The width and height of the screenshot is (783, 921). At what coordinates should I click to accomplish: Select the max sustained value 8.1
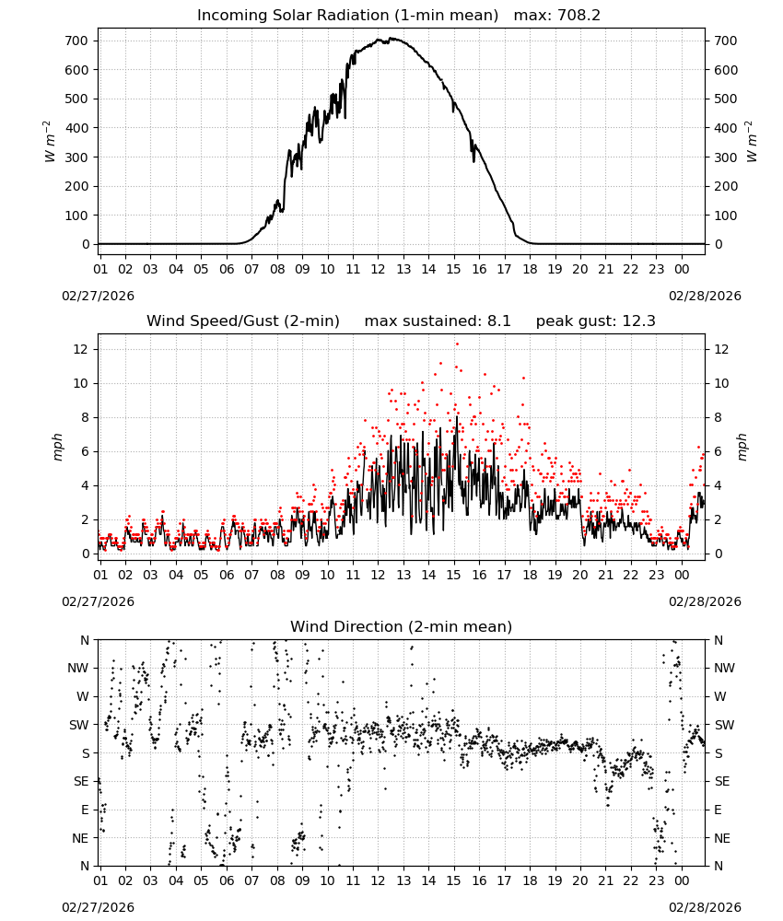pyautogui.click(x=498, y=321)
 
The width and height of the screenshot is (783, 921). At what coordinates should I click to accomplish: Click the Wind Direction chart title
pyautogui.click(x=402, y=626)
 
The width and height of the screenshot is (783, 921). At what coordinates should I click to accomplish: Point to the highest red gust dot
pyautogui.click(x=457, y=344)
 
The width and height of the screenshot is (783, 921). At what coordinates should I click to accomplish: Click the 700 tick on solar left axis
pyautogui.click(x=76, y=41)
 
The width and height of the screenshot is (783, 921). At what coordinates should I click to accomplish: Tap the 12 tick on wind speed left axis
pyautogui.click(x=81, y=349)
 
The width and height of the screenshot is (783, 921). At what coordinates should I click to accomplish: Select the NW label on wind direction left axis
pyautogui.click(x=78, y=669)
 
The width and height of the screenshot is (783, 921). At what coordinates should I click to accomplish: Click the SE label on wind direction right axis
pyautogui.click(x=722, y=781)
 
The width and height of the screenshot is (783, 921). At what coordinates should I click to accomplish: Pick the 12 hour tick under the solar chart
pyautogui.click(x=378, y=269)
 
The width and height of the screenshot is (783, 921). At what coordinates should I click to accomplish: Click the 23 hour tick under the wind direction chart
pyautogui.click(x=656, y=880)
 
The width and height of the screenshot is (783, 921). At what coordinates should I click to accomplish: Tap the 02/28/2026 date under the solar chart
pyautogui.click(x=705, y=296)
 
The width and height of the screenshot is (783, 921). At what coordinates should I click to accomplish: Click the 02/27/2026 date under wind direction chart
pyautogui.click(x=98, y=907)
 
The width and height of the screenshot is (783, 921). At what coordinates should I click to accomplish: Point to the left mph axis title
pyautogui.click(x=57, y=448)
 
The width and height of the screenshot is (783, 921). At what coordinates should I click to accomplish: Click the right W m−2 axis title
pyautogui.click(x=752, y=142)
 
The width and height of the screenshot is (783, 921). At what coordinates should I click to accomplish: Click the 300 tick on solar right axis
pyautogui.click(x=726, y=157)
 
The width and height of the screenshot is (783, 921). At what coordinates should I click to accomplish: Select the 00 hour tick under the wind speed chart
pyautogui.click(x=682, y=575)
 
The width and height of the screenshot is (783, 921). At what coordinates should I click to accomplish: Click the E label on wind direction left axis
pyautogui.click(x=85, y=810)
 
